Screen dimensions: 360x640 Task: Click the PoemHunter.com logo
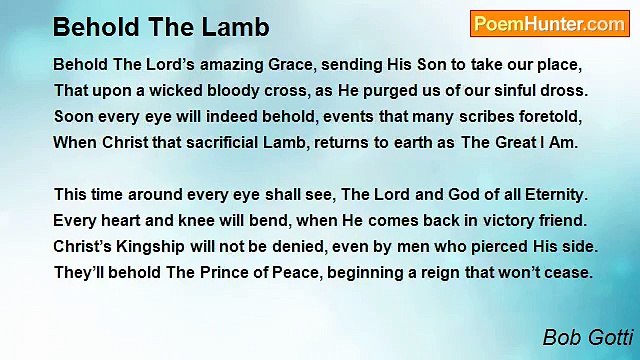(548, 24)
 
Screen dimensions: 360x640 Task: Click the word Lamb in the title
(241, 25)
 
